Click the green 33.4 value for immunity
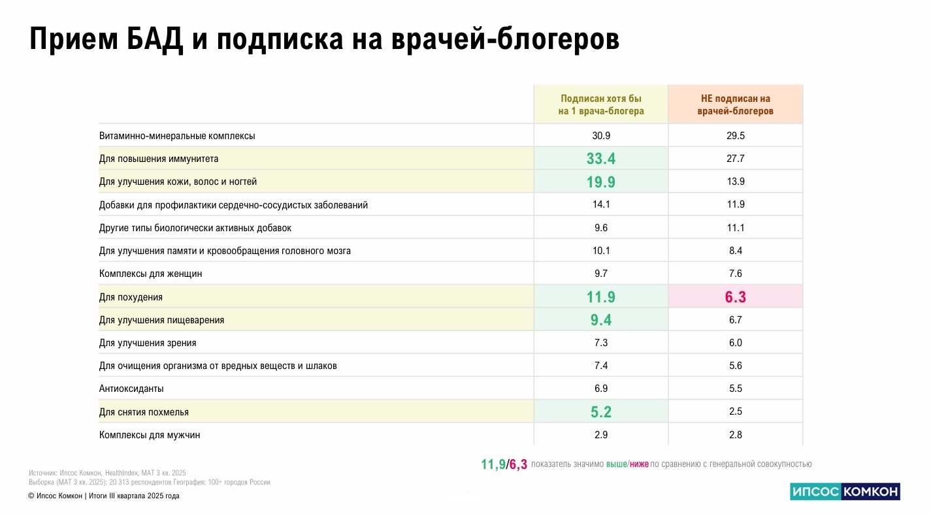[600, 159]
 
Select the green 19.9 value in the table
[600, 182]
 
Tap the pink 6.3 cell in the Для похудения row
[735, 297]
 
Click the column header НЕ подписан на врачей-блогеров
[735, 104]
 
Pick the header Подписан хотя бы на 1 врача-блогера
[600, 104]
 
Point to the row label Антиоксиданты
[131, 389]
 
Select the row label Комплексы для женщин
[150, 274]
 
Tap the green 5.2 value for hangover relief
[600, 412]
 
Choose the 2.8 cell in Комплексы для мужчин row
[735, 435]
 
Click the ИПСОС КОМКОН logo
[845, 492]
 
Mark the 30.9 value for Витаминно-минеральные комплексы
[600, 136]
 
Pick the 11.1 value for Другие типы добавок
[735, 228]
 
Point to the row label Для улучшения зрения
[148, 343]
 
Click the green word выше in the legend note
[616, 464]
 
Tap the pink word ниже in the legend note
[639, 464]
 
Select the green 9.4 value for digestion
[600, 320]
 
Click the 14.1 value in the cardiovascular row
[600, 204]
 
